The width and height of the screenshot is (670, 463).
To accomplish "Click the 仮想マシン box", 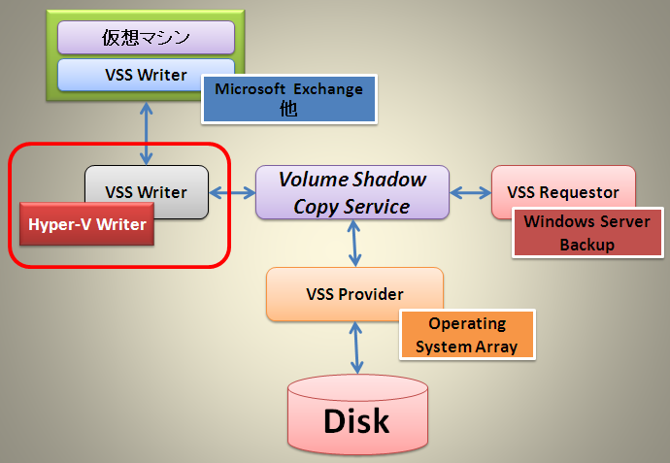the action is tap(146, 38).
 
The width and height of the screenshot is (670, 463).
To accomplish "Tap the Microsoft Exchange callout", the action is tap(289, 99).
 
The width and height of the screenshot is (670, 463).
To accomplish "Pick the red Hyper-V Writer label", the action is tap(86, 224).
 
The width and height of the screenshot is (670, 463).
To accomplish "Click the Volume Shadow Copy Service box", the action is tap(352, 192).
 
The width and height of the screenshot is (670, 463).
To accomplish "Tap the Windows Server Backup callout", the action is tap(587, 233).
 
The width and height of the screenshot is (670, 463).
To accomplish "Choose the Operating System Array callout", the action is tap(467, 335).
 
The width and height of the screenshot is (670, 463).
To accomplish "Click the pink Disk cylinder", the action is tap(357, 414).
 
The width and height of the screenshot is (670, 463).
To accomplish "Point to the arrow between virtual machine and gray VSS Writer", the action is tap(146, 133).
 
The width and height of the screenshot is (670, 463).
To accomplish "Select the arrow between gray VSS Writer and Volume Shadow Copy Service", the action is tap(232, 192).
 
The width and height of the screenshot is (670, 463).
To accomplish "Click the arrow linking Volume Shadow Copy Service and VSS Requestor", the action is tap(470, 192).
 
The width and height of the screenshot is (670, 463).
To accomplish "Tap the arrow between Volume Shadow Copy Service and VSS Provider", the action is tap(354, 243).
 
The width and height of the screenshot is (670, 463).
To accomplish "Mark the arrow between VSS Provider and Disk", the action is tap(356, 347).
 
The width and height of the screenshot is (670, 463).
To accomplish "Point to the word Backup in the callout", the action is tap(587, 245).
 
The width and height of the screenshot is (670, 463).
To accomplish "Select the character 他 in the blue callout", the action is tap(288, 109).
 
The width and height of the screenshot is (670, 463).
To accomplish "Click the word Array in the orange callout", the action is tap(496, 347).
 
